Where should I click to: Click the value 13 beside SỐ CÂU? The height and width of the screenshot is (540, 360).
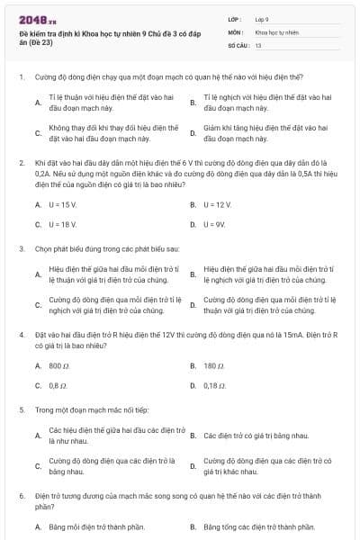(258, 44)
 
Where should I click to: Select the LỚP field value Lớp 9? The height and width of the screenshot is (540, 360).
(262, 18)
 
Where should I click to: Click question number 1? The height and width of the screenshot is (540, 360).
(21, 76)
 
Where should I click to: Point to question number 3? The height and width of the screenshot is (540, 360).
(21, 247)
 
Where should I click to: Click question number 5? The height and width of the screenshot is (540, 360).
(21, 409)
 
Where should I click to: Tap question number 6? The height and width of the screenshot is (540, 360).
(21, 495)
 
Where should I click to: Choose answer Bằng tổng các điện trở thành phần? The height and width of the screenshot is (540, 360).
(259, 526)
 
